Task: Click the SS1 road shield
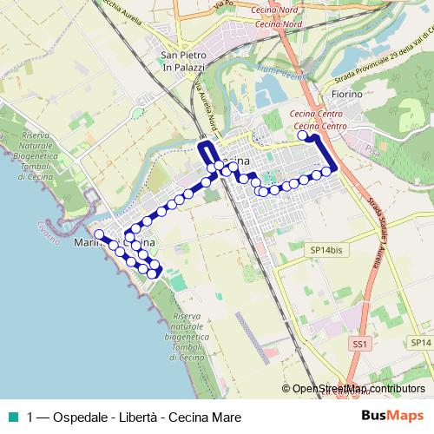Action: [360, 345]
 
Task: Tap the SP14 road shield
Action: [419, 345]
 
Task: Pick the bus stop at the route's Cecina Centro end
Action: [303, 135]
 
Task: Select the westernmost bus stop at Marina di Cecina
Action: [99, 233]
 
